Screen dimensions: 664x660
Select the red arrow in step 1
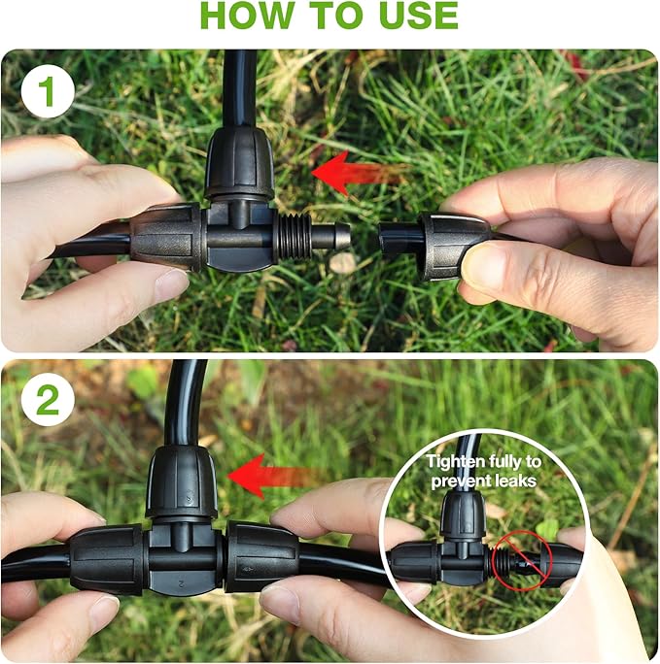coord(356,174)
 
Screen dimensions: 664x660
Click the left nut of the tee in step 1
coord(166,236)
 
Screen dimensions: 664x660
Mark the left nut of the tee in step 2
coord(106,560)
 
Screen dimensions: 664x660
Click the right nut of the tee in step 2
coord(261,556)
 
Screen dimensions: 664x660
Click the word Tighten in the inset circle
coord(455,461)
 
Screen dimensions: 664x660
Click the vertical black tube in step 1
coord(239,87)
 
